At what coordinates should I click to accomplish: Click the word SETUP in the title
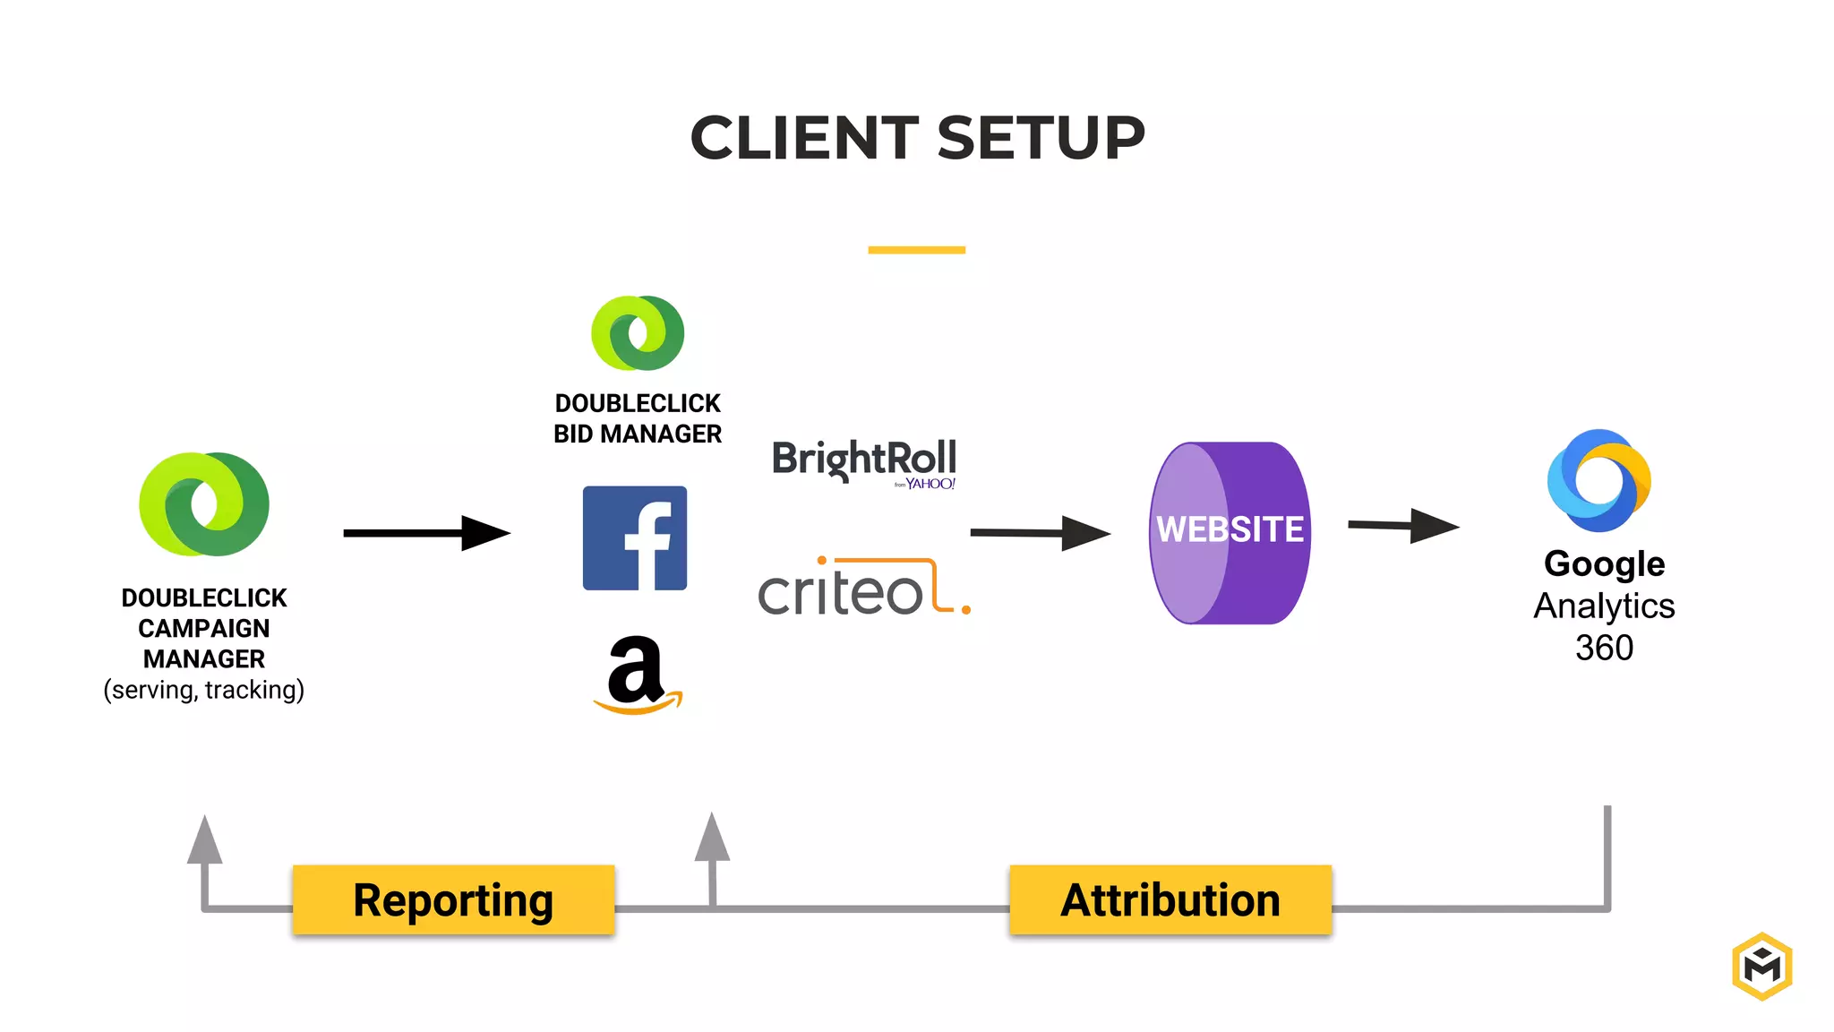(1041, 139)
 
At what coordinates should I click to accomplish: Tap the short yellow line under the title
(916, 250)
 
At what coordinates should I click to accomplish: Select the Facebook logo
(635, 538)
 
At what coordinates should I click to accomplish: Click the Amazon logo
(638, 674)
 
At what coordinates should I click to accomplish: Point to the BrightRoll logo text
(864, 459)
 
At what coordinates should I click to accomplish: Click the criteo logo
(862, 589)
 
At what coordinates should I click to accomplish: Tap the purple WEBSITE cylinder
(1230, 532)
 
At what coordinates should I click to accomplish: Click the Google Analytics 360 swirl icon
(1599, 480)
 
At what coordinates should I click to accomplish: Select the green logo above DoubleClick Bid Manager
(638, 333)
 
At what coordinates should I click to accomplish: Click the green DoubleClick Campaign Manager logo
(204, 504)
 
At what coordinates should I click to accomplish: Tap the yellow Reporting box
(453, 900)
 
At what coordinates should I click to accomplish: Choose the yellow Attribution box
(1170, 900)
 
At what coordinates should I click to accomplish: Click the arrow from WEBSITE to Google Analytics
(1402, 526)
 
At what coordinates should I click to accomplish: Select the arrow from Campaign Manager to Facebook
(425, 533)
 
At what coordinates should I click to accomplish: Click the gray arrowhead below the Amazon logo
(712, 838)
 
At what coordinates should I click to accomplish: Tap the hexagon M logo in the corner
(1761, 966)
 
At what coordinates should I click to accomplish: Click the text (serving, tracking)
(204, 690)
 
